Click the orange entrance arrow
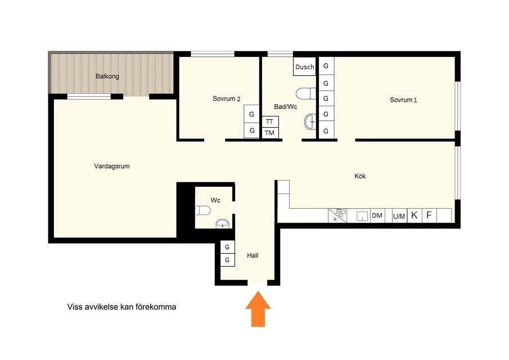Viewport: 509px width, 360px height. [x=258, y=309]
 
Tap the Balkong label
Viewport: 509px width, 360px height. [x=107, y=76]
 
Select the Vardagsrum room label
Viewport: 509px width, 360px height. [x=112, y=166]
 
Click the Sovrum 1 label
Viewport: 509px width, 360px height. [x=403, y=100]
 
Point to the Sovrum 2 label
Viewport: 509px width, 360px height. [x=226, y=98]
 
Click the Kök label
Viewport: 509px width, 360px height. [x=360, y=176]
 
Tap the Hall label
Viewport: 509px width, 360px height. [x=253, y=255]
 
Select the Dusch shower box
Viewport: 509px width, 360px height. [x=304, y=66]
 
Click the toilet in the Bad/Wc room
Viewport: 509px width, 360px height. [x=306, y=93]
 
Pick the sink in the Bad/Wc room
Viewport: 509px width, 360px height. [x=310, y=122]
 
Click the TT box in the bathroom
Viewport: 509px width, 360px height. [x=270, y=121]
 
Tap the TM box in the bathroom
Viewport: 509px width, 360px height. [x=270, y=133]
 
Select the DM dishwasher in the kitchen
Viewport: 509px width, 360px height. [x=377, y=215]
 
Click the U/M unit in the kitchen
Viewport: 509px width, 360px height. [x=399, y=216]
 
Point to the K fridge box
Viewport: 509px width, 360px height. [x=415, y=215]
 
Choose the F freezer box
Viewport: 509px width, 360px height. [x=429, y=215]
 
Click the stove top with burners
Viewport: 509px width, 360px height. [x=337, y=215]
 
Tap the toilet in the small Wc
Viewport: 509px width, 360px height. [x=203, y=210]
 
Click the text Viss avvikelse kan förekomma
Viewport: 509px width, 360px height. [x=121, y=307]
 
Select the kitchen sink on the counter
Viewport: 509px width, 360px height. [x=362, y=216]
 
